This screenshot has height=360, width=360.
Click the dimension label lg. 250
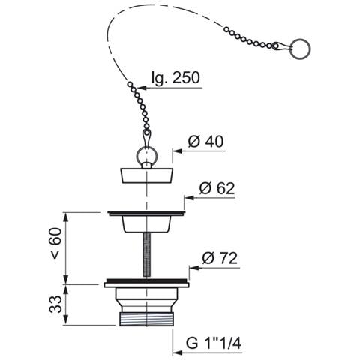pyautogui.click(x=175, y=78)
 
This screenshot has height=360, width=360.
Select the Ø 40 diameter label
pyautogui.click(x=205, y=142)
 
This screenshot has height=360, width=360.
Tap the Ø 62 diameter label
pyautogui.click(x=217, y=188)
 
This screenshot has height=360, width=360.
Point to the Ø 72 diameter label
pyautogui.click(x=220, y=258)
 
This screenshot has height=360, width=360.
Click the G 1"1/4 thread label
pyautogui.click(x=214, y=343)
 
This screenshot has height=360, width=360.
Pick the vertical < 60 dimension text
pyautogui.click(x=55, y=243)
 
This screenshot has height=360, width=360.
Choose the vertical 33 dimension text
pyautogui.click(x=55, y=304)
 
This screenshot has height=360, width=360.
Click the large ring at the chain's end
pyautogui.click(x=301, y=49)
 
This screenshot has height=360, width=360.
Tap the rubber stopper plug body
pyautogui.click(x=146, y=176)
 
